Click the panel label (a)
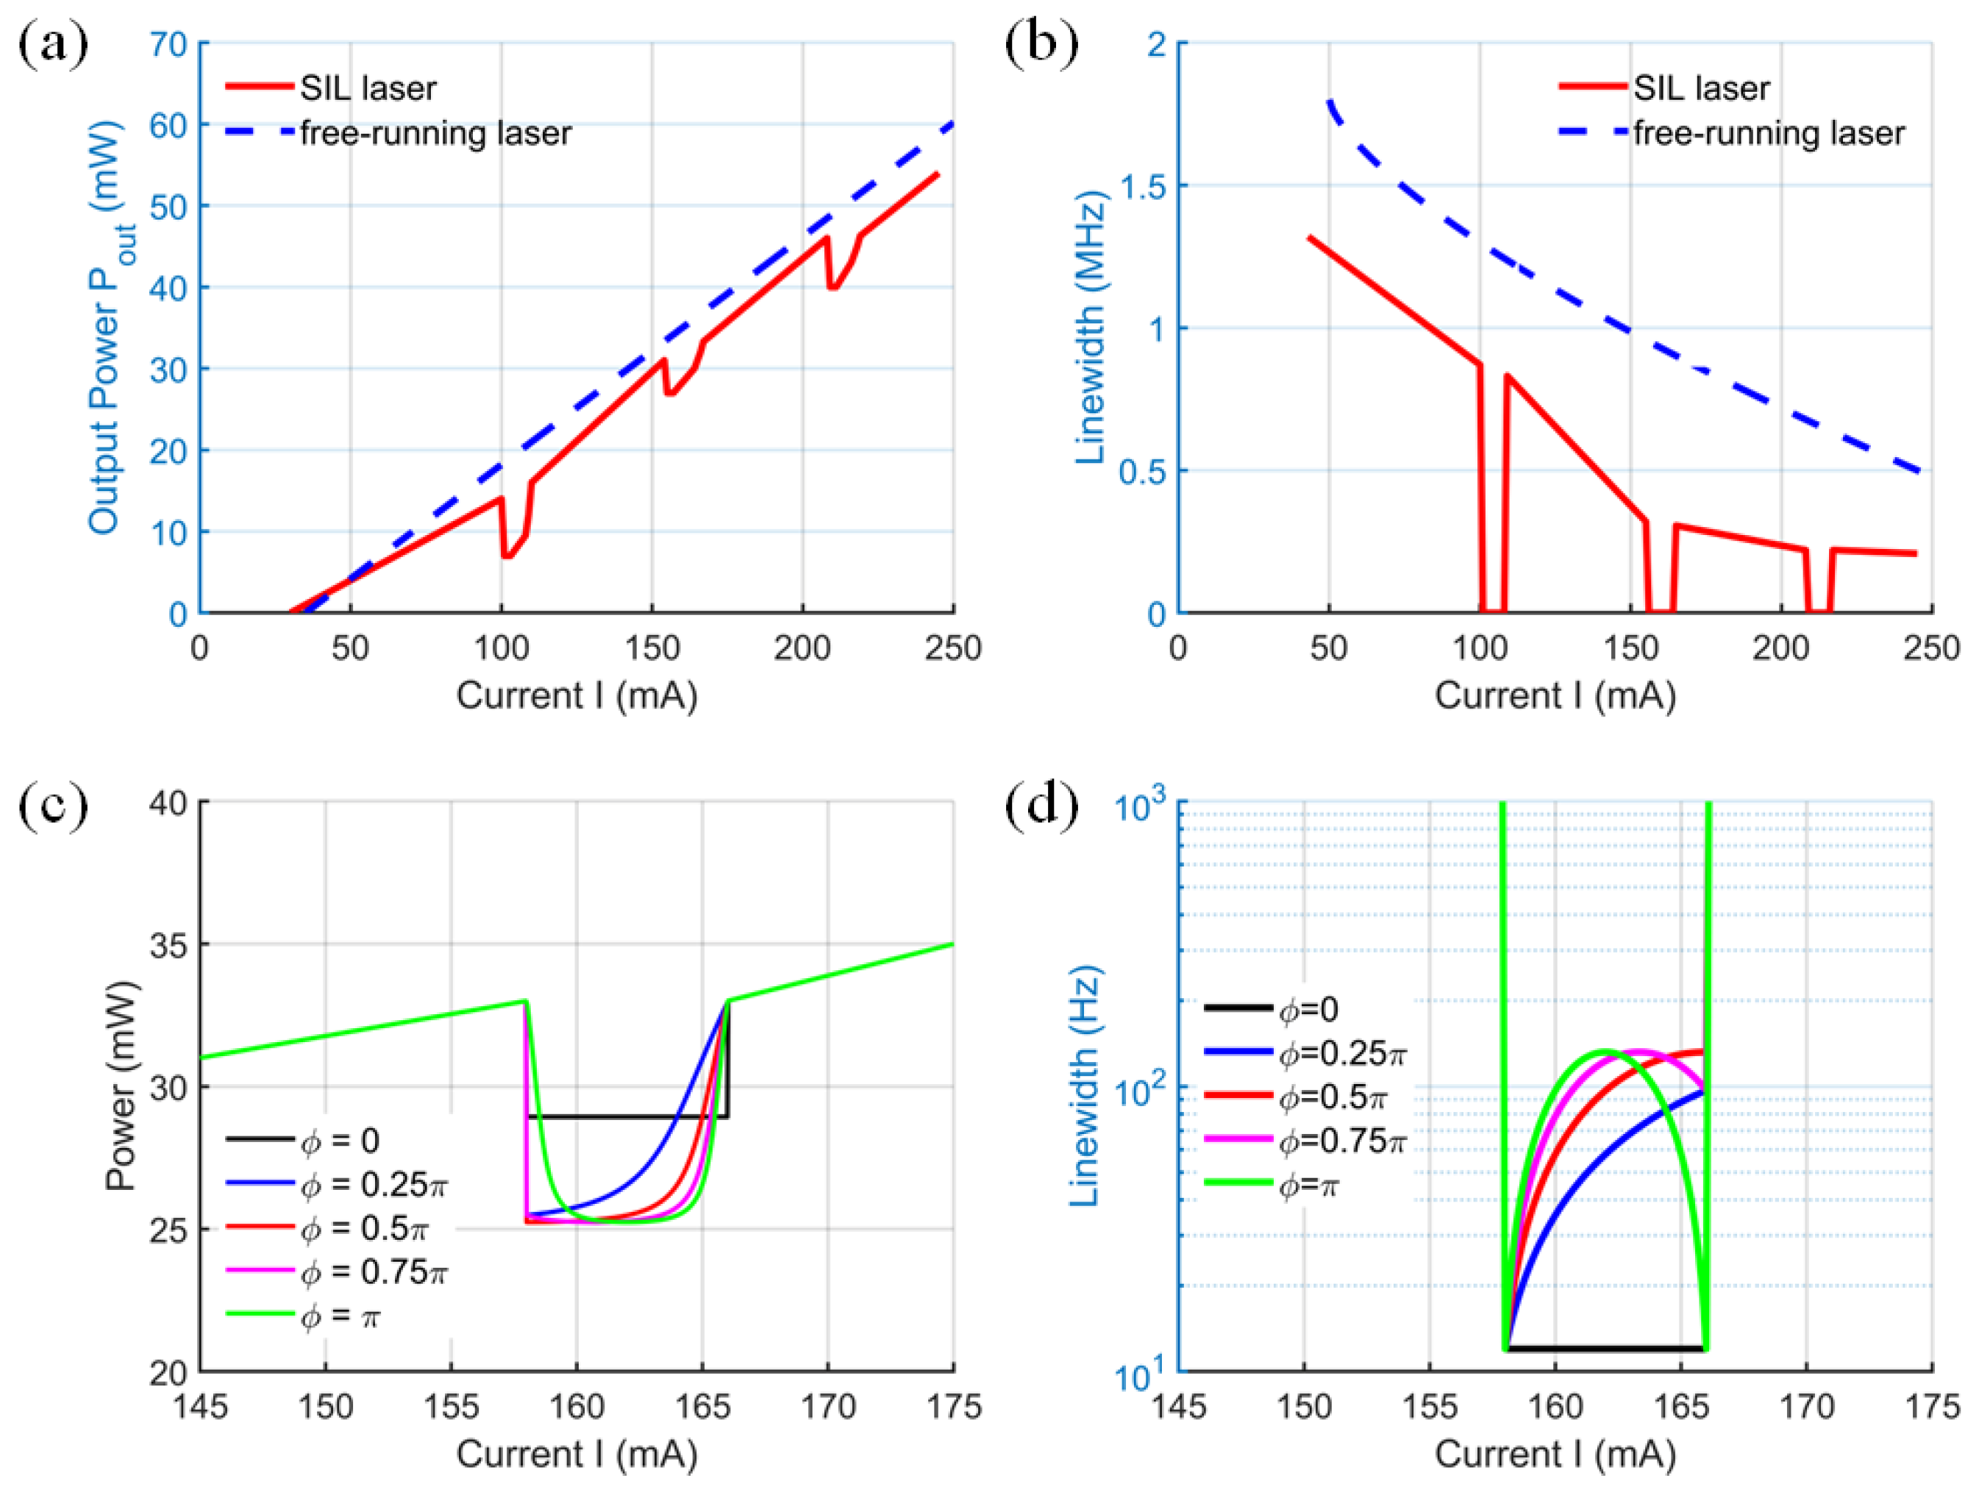[53, 43]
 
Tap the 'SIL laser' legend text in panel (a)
[368, 88]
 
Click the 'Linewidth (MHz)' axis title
[1091, 327]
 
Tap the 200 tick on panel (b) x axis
[1780, 647]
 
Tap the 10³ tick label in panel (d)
[1140, 806]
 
